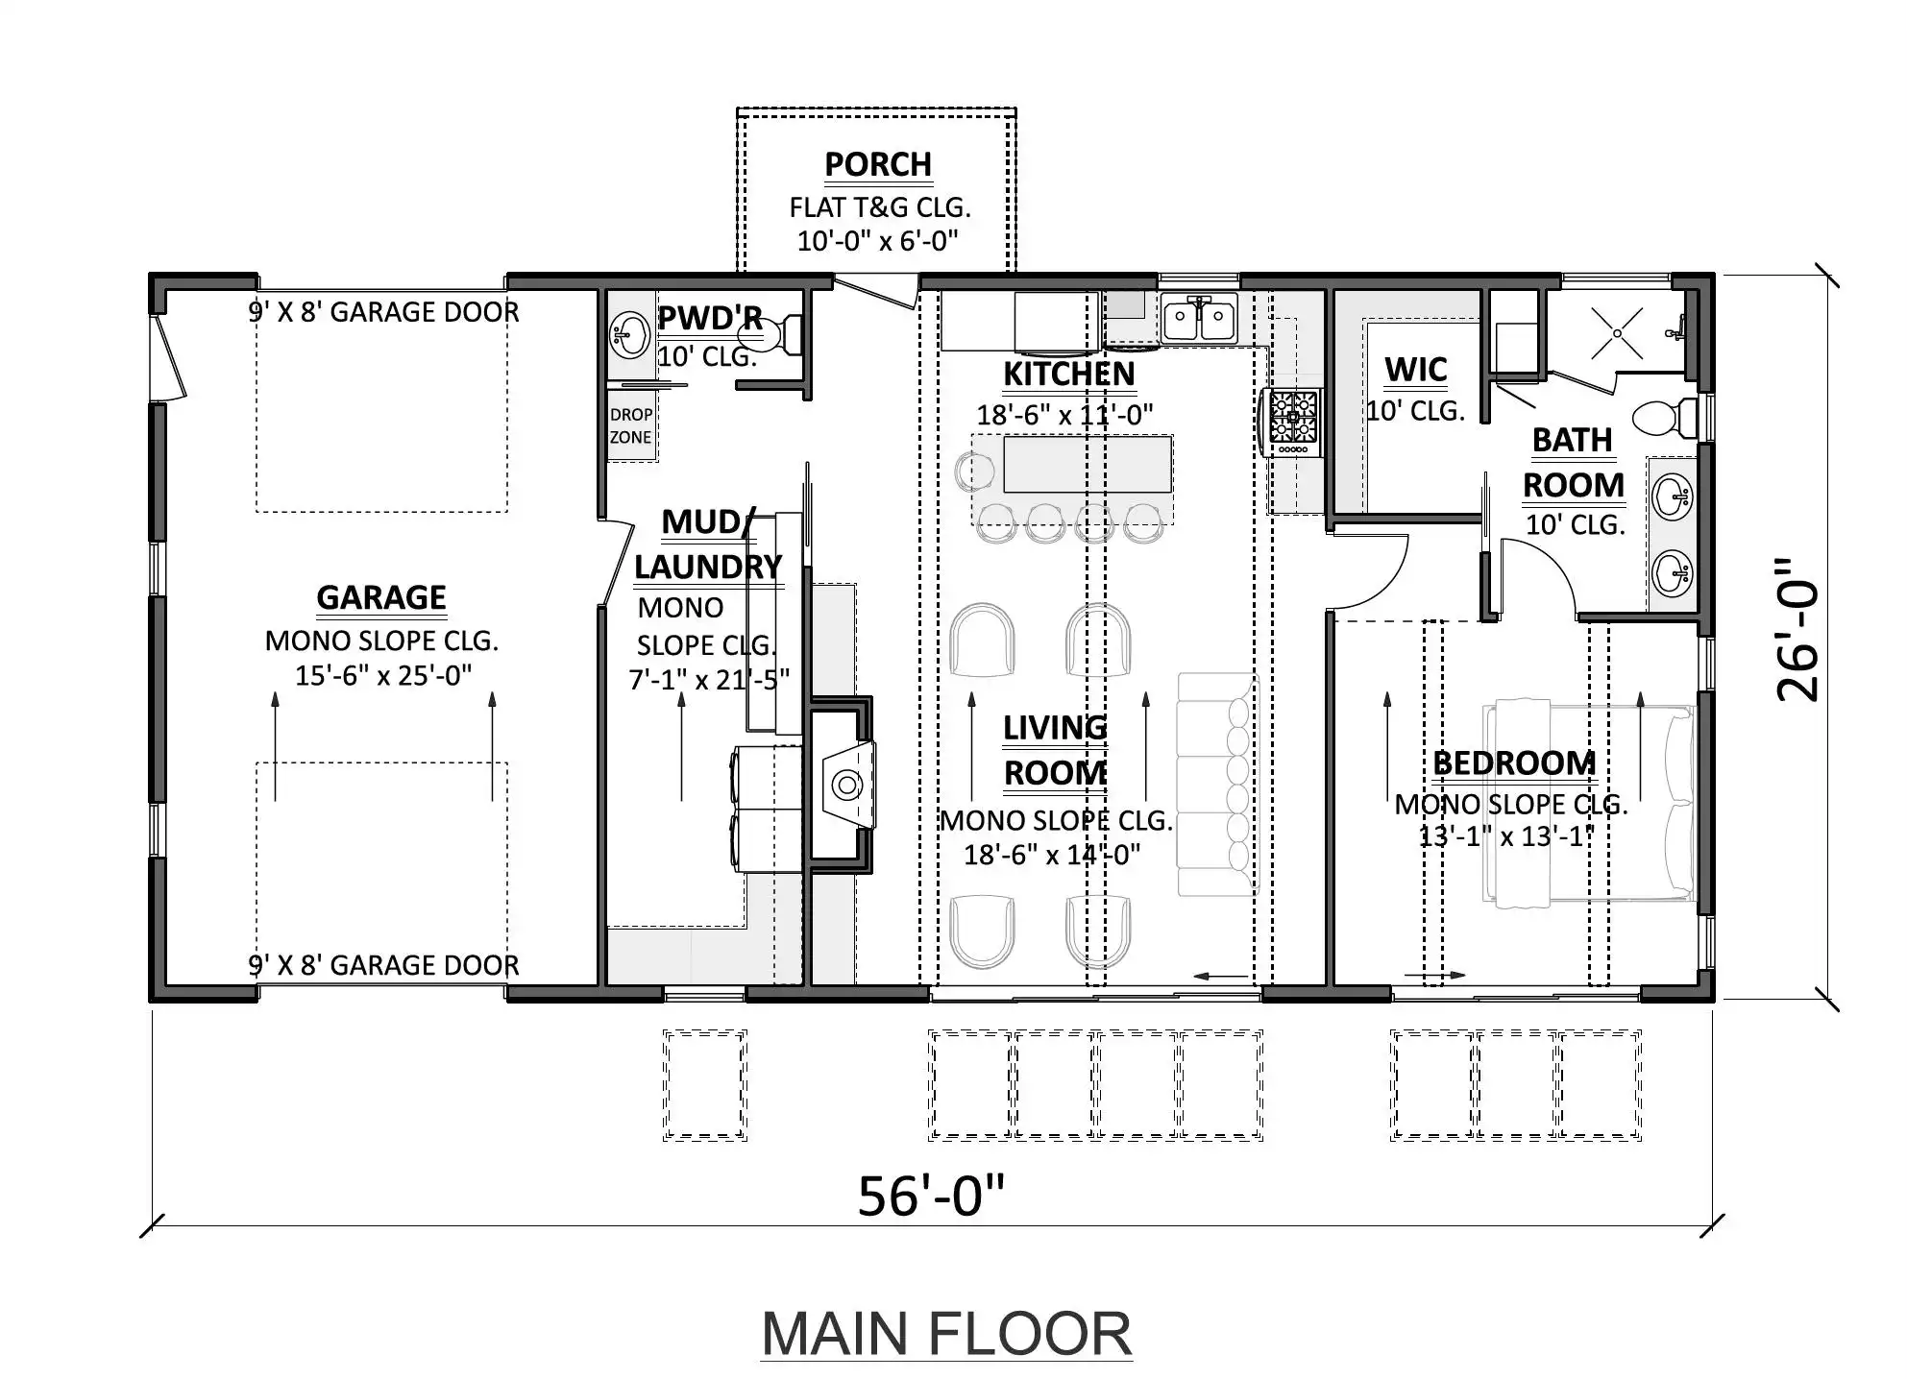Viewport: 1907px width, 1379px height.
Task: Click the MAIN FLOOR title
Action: [x=946, y=1334]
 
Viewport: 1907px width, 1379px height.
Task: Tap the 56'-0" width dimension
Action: [x=931, y=1197]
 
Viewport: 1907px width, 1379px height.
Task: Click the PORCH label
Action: [x=878, y=164]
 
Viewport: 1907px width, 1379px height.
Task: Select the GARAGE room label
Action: [x=381, y=597]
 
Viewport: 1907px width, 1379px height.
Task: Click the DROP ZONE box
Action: [x=631, y=425]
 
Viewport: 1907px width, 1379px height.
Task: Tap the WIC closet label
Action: [x=1416, y=370]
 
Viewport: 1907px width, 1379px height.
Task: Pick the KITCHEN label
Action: [x=1069, y=375]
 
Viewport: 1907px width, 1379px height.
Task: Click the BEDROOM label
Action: [x=1514, y=763]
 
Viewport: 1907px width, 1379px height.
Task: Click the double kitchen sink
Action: [x=1199, y=319]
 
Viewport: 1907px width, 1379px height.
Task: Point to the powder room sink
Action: [x=630, y=335]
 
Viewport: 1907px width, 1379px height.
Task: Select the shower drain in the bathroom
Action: [x=1617, y=333]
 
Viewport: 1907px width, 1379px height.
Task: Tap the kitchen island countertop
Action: [x=1088, y=464]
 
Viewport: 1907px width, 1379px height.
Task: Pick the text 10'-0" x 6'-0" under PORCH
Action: [x=878, y=240]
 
